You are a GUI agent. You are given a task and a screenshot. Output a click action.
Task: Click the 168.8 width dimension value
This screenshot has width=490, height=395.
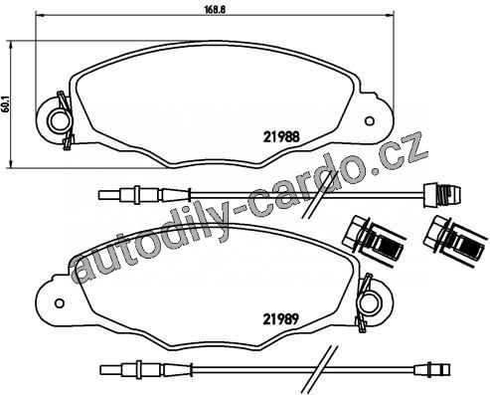coord(215,9)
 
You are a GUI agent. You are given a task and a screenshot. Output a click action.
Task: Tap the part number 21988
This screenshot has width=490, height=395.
coord(281,137)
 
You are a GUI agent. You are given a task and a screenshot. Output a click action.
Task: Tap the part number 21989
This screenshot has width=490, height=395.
coord(281,319)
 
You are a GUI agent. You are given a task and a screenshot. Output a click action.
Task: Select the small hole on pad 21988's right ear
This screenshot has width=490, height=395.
coord(370,121)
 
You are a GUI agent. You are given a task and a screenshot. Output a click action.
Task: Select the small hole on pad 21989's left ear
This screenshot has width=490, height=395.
coord(60,303)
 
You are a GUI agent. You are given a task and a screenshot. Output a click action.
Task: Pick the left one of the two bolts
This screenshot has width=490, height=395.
coord(375,240)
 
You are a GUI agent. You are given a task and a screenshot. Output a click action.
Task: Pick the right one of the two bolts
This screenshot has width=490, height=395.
coord(456,240)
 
